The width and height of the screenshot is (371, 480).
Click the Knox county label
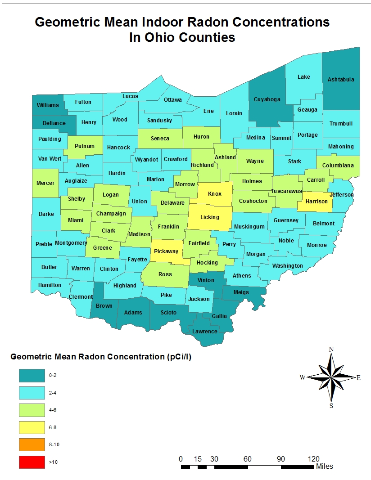coord(215,194)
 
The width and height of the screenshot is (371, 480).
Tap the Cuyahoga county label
coord(267,99)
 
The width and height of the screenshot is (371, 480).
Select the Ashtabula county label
coord(341,80)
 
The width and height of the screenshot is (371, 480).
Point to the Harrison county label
coord(317,201)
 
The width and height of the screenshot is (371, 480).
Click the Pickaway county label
coord(166,251)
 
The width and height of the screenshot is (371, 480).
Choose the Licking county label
coord(209,217)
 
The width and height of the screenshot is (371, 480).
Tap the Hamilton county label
coord(50,285)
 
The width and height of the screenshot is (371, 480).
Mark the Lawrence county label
coord(205,332)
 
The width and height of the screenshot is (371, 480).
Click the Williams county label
coord(48,105)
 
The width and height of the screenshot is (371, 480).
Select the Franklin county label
coord(168,227)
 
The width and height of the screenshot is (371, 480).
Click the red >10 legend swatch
coord(32,462)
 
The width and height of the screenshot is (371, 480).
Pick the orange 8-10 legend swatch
coord(32,444)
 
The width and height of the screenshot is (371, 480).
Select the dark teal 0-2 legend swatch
coord(32,375)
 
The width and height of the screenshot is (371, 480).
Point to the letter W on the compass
coord(303,377)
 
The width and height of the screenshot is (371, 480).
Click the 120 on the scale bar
coord(313,459)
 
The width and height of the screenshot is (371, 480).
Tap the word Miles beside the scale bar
coord(325,467)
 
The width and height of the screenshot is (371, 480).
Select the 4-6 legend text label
coord(53,410)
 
